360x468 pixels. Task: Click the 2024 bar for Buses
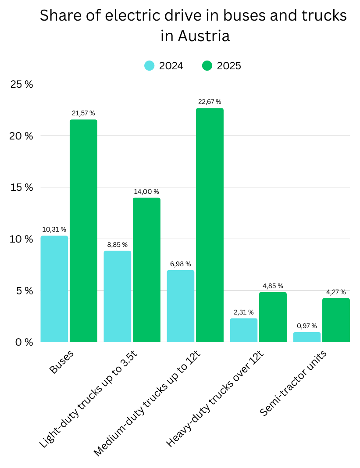(54, 289)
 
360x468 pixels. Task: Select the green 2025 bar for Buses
(83, 231)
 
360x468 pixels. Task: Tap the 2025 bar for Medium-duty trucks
(210, 225)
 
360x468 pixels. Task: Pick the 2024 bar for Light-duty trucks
(118, 297)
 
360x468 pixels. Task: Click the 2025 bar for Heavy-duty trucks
(273, 317)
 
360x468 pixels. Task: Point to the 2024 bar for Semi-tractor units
(307, 337)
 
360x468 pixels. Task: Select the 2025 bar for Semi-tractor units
(336, 320)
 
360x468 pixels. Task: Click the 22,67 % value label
(210, 102)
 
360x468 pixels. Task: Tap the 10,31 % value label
(54, 229)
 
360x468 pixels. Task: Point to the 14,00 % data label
(146, 192)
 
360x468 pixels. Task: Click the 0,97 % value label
(307, 325)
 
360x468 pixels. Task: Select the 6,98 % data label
(181, 264)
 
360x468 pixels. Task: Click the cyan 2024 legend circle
(149, 66)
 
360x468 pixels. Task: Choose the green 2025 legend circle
(207, 66)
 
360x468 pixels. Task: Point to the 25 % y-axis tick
(21, 84)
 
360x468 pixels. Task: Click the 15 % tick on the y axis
(21, 187)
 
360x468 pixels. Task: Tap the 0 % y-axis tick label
(24, 342)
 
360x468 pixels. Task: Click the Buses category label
(61, 362)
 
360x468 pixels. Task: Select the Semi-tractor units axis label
(293, 383)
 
